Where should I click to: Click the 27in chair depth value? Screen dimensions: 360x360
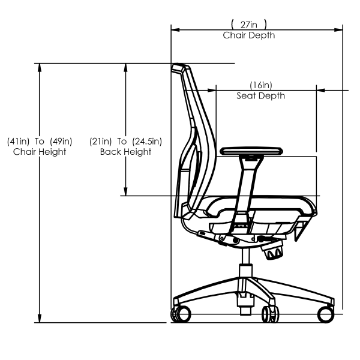point(249,25)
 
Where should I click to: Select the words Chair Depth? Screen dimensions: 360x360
point(249,35)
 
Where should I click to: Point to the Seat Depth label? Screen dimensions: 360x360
point(260,95)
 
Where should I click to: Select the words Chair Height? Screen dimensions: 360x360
point(40,152)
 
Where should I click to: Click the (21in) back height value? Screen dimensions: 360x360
point(100,141)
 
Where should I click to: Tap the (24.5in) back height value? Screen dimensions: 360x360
point(148,141)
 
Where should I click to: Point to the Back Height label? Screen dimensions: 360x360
point(125,152)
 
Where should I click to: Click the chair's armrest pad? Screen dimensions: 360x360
point(252,151)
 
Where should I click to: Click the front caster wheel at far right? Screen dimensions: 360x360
point(326,314)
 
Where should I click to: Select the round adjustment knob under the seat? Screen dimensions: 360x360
point(273,251)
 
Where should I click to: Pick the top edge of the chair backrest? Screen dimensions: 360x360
point(178,67)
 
